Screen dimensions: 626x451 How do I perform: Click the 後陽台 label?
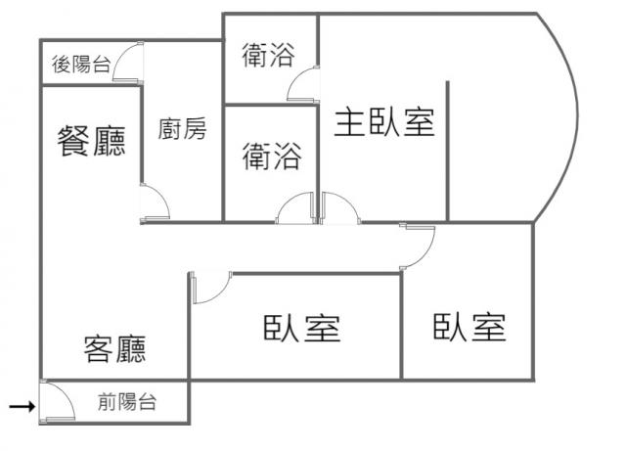click(80, 65)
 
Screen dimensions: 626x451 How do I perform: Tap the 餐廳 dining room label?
click(91, 140)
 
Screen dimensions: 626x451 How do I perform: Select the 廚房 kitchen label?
click(182, 128)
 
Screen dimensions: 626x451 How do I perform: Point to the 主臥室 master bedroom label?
click(384, 122)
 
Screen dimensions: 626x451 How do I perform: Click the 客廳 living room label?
click(114, 349)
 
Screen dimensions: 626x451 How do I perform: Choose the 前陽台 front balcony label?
click(126, 401)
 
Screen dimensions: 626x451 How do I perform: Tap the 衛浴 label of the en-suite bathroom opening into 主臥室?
click(268, 55)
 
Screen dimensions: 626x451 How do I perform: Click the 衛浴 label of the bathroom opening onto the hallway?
click(272, 157)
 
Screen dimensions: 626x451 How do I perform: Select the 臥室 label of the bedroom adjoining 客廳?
click(302, 329)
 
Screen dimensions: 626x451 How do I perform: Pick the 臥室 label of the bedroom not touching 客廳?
click(469, 327)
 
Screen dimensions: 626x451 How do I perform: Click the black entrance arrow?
click(22, 407)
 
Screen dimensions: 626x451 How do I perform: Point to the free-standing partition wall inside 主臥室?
click(448, 151)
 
